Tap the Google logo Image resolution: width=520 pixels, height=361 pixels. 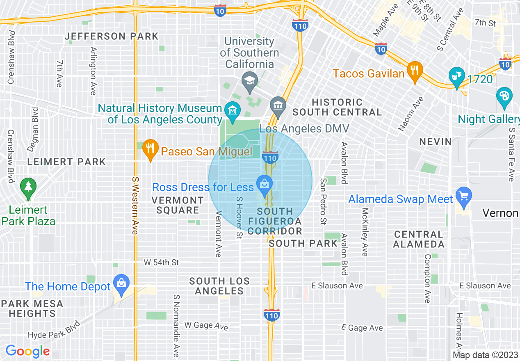[27, 351]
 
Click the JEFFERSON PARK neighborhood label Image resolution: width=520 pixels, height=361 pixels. [112, 36]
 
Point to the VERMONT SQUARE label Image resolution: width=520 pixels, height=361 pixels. [178, 205]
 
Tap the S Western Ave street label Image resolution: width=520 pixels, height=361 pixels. [135, 206]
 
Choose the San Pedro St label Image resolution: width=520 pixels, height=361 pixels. [323, 201]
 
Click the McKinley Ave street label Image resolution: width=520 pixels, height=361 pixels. [364, 232]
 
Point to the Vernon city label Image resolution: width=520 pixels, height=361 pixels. [500, 213]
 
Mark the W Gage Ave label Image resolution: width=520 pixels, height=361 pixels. [206, 326]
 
